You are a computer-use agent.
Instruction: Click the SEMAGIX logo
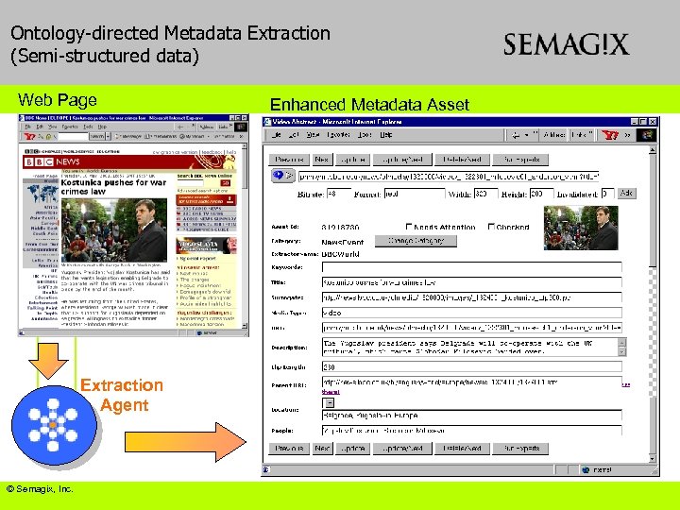click(566, 45)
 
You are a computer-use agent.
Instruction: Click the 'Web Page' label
click(58, 100)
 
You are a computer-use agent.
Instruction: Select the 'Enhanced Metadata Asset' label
click(369, 104)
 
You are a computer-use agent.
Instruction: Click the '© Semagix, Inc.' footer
click(40, 489)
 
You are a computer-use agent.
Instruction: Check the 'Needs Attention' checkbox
click(409, 227)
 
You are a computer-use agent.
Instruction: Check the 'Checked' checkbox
click(492, 227)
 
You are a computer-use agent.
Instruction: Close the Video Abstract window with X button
click(652, 121)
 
